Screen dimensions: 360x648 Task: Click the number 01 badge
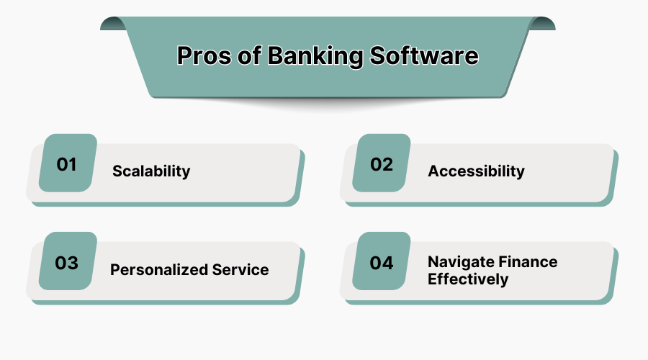(x=67, y=164)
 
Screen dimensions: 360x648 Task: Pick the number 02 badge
(x=382, y=164)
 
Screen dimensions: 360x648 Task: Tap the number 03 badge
(x=67, y=263)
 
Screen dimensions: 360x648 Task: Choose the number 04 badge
(x=382, y=263)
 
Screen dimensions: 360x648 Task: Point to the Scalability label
(x=151, y=171)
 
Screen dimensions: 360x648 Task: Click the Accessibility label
(x=476, y=171)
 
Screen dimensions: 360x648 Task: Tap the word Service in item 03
(x=240, y=270)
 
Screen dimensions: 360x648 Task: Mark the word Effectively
(x=468, y=279)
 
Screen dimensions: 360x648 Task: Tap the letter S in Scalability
(x=117, y=171)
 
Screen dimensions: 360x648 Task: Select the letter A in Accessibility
(x=433, y=171)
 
